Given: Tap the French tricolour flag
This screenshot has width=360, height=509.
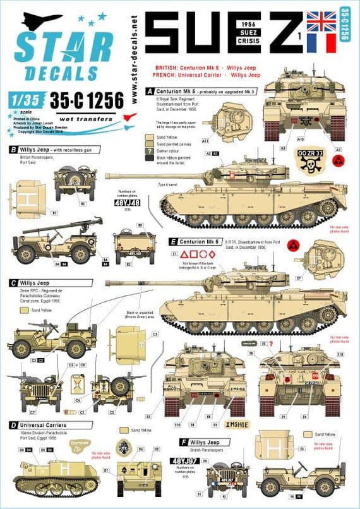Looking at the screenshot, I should pyautogui.click(x=333, y=42).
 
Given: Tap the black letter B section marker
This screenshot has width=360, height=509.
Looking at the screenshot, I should pyautogui.click(x=13, y=150).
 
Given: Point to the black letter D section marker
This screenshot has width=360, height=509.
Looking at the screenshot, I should pyautogui.click(x=13, y=425).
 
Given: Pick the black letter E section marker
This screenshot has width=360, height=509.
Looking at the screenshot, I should pyautogui.click(x=172, y=241).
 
